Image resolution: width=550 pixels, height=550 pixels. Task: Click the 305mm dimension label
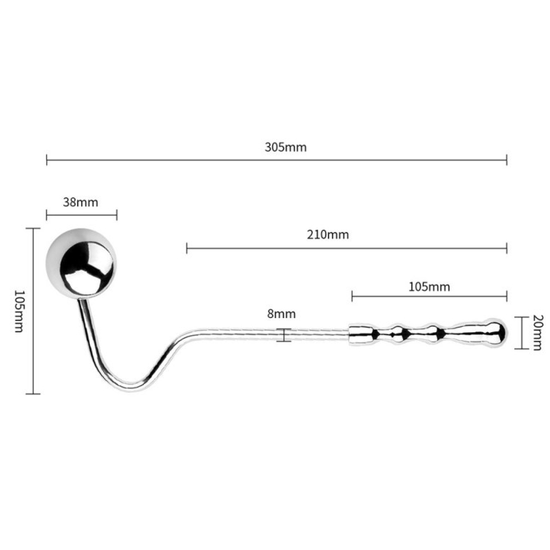(x=285, y=148)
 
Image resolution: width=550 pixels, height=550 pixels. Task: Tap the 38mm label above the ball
(x=81, y=202)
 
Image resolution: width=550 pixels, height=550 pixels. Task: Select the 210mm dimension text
(x=328, y=235)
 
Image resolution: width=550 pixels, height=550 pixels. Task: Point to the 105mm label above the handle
(x=429, y=287)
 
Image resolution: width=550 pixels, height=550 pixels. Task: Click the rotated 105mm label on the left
(x=19, y=311)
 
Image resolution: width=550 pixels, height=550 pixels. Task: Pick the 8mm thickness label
(x=281, y=314)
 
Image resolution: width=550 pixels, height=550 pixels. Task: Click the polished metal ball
(x=82, y=266)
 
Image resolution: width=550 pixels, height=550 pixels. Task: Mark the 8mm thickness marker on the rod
(x=284, y=335)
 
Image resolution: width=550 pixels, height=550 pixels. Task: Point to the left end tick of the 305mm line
(x=47, y=160)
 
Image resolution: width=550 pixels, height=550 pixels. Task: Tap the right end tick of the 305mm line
(x=506, y=160)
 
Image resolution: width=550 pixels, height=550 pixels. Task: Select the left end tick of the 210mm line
(x=187, y=248)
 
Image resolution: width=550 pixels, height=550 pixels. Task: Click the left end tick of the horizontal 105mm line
(x=352, y=296)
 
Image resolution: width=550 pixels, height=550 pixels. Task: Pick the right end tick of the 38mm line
(x=117, y=215)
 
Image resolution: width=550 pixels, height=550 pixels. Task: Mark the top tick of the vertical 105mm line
(x=33, y=228)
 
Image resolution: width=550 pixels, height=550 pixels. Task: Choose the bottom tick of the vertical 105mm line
(x=33, y=393)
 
